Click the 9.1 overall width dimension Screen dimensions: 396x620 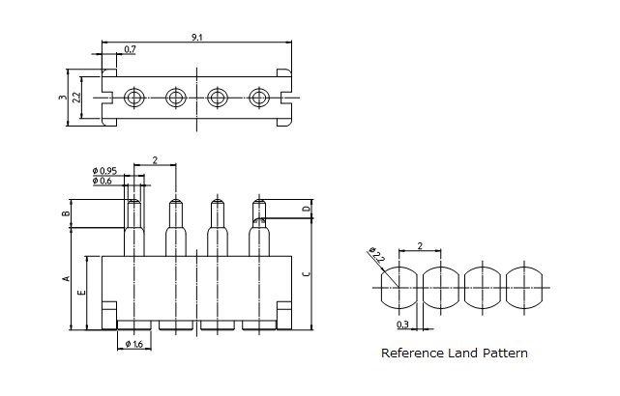click(196, 37)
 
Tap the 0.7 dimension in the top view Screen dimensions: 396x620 click(130, 48)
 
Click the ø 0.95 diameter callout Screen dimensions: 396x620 click(104, 171)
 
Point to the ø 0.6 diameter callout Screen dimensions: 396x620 click(103, 181)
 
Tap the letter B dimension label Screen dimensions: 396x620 click(66, 213)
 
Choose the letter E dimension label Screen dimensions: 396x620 click(81, 292)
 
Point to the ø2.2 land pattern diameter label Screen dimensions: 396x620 click(377, 256)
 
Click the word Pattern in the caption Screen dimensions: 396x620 click(508, 354)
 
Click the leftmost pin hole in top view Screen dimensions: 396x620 click(133, 97)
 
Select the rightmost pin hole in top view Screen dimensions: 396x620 click(258, 97)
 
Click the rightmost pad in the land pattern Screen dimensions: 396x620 click(527, 286)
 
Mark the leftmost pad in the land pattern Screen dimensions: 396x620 click(399, 286)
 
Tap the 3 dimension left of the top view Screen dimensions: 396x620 click(62, 97)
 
